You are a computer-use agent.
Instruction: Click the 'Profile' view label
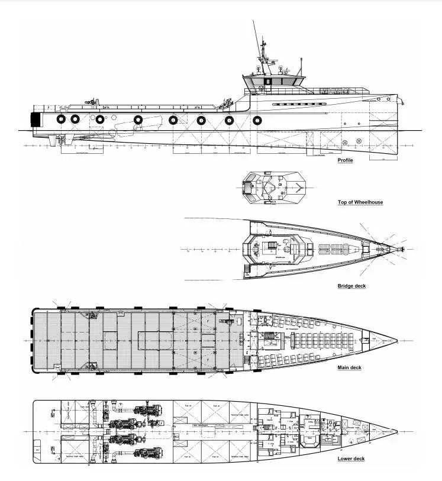coord(345,160)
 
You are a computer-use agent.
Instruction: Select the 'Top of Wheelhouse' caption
coord(360,202)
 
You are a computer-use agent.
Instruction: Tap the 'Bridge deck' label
coord(351,286)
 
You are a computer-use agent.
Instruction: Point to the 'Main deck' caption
coord(349,368)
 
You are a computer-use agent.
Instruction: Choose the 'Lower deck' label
coord(351,459)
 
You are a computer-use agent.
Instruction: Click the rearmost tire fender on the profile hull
coord(61,119)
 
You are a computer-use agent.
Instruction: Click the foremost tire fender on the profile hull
coord(257,120)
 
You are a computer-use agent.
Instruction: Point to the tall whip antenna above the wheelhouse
coord(257,38)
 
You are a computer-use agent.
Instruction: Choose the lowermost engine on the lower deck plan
coord(144,453)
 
